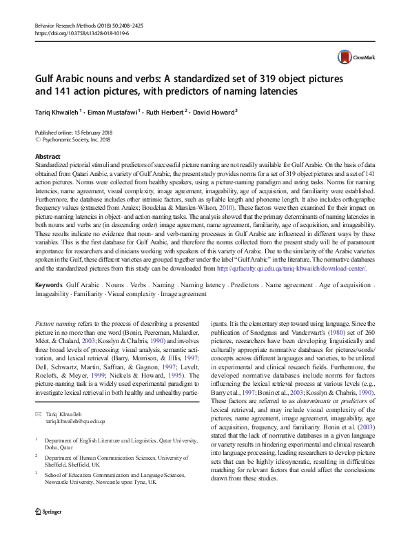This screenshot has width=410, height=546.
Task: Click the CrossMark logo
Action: click(353, 59)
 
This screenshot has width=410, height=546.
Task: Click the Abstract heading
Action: click(48, 157)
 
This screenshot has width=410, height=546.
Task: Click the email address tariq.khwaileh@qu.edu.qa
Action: click(75, 420)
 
